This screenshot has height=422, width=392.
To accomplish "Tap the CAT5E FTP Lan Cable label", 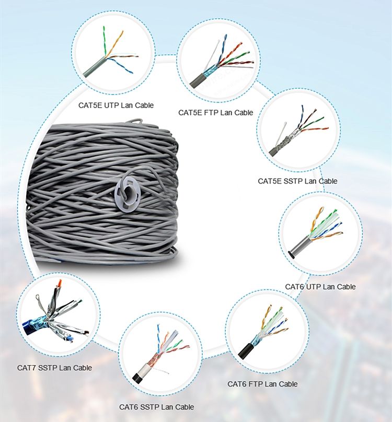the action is coord(215,112).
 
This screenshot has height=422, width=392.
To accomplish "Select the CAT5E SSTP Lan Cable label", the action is coord(297,181).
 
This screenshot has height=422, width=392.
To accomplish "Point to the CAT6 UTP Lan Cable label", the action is coord(320,287).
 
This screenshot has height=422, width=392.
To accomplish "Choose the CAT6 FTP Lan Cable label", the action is coord(262,384).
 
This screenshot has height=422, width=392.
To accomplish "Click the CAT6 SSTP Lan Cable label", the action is coord(156,406).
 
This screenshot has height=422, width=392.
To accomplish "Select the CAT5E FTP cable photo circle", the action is coord(217,62).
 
